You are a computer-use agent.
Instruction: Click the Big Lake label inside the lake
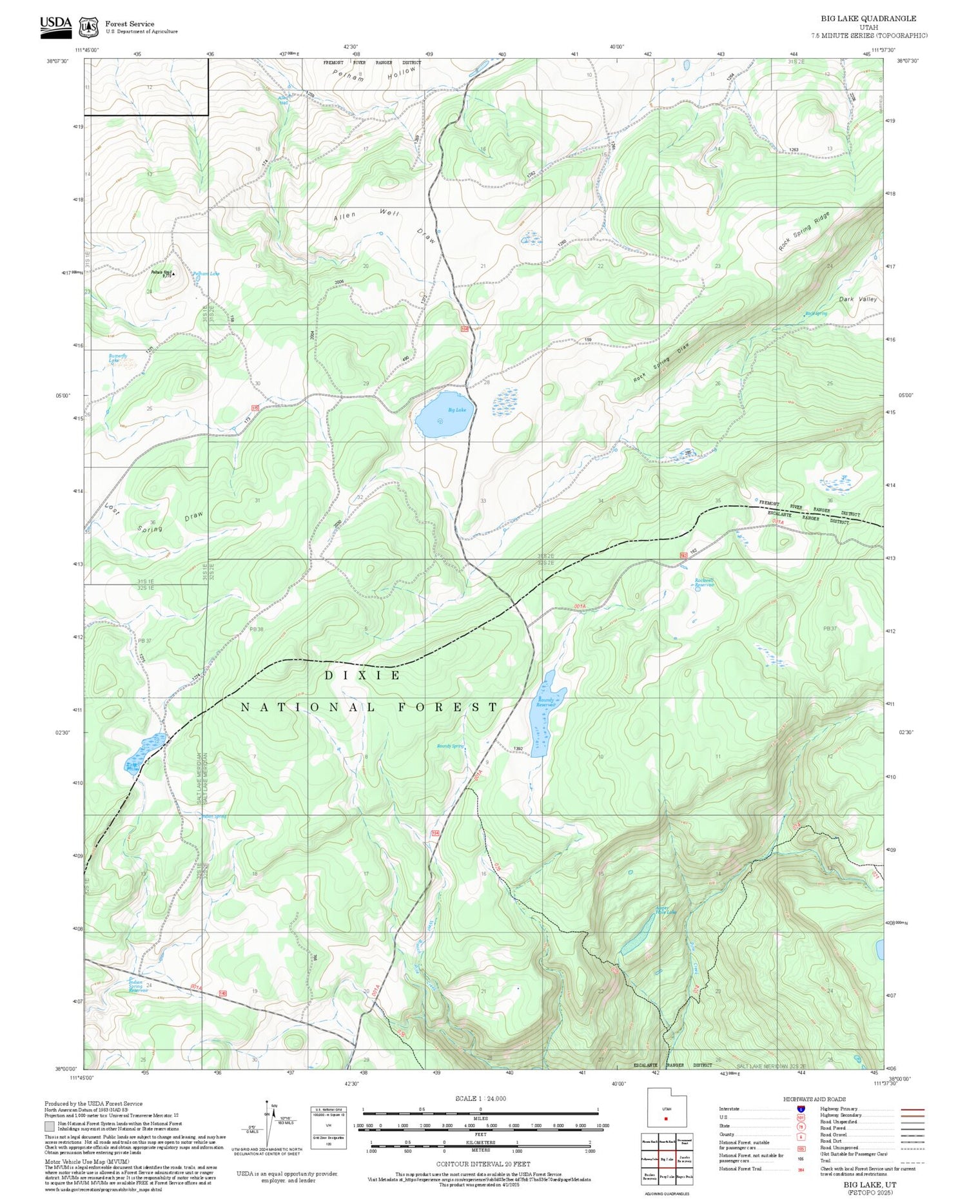coord(456,410)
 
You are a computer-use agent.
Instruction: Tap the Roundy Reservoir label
coord(545,702)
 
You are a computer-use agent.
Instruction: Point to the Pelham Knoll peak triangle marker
coord(173,273)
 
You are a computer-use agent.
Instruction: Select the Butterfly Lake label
coord(118,358)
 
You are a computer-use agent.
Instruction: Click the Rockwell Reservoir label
coord(705,582)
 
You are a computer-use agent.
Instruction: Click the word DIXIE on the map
coord(362,675)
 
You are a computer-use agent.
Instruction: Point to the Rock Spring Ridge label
coord(804,230)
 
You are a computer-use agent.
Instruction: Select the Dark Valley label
coord(858,299)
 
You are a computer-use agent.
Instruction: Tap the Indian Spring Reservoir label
coord(136,985)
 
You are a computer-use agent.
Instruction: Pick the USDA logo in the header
coord(55,26)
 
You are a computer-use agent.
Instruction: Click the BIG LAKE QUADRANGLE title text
coord(868,18)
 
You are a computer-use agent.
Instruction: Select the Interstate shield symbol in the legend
coord(800,1108)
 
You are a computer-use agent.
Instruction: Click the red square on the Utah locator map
coord(666,1118)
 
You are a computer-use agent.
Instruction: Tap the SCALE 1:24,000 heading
coord(480,1098)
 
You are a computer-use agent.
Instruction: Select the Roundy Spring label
coord(450,746)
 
